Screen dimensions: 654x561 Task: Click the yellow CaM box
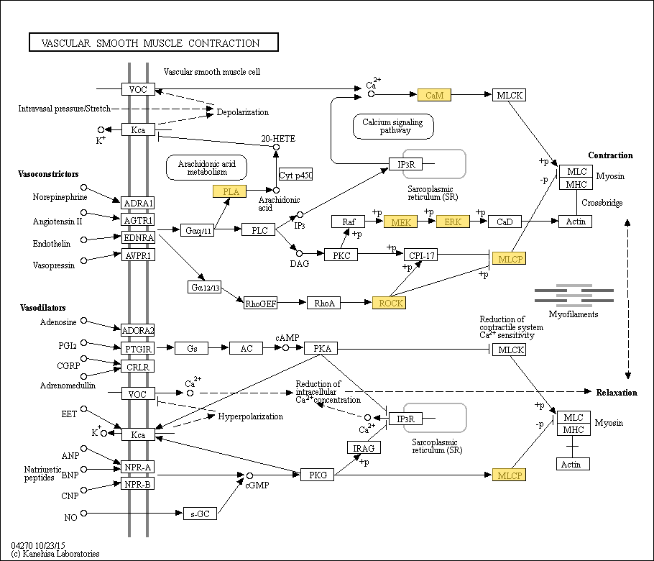pyautogui.click(x=434, y=95)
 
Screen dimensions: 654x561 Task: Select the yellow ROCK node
pyautogui.click(x=389, y=303)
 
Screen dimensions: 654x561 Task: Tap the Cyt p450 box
pyautogui.click(x=295, y=175)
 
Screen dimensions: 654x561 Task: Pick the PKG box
pyautogui.click(x=318, y=475)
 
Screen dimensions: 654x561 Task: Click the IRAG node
pyautogui.click(x=364, y=447)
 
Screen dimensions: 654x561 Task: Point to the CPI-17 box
pyautogui.click(x=421, y=255)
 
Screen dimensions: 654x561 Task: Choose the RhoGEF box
pyautogui.click(x=261, y=303)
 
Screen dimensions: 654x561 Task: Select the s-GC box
pyautogui.click(x=201, y=514)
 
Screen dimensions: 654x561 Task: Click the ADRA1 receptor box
pyautogui.click(x=138, y=203)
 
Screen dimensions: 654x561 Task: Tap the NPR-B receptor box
pyautogui.click(x=138, y=484)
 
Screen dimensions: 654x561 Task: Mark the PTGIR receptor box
pyautogui.click(x=138, y=348)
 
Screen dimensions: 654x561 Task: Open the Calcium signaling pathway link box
pyautogui.click(x=393, y=126)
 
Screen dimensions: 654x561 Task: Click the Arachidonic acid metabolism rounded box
pyautogui.click(x=206, y=168)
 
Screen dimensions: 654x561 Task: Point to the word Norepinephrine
pyautogui.click(x=60, y=197)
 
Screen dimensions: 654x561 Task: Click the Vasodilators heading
pyautogui.click(x=43, y=308)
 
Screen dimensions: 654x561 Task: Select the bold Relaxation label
pyautogui.click(x=617, y=393)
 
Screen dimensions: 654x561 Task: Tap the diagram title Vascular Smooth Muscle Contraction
pyautogui.click(x=151, y=43)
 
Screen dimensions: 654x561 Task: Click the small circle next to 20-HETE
pyautogui.click(x=276, y=147)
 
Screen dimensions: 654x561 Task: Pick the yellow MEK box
pyautogui.click(x=400, y=222)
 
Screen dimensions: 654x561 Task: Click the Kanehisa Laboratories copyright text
pyautogui.click(x=55, y=554)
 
